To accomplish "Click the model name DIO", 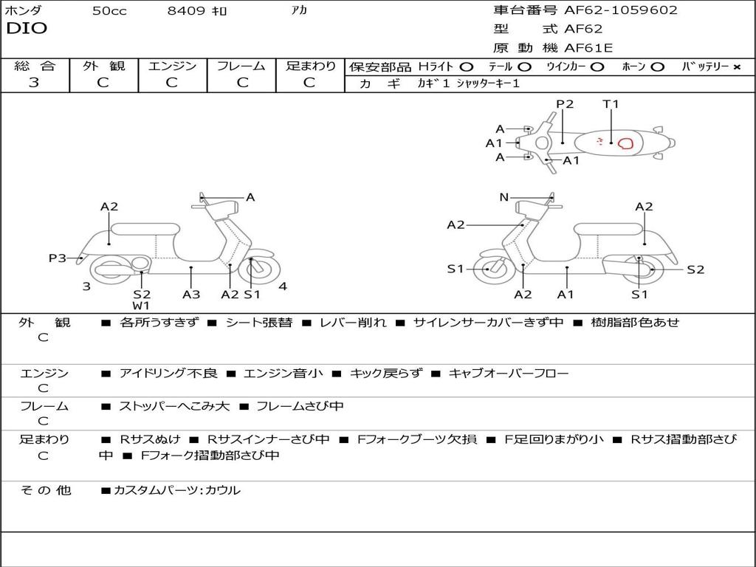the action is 27,29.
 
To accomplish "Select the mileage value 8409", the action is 186,11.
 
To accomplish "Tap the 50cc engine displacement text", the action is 109,11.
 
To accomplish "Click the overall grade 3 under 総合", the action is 34,82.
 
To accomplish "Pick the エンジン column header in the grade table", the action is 172,66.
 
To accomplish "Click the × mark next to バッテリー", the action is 737,66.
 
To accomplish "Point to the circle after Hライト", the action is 467,66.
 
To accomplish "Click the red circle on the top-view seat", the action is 625,143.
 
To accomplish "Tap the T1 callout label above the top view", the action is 611,104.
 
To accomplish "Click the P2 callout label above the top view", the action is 565,104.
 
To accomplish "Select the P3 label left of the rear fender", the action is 58,258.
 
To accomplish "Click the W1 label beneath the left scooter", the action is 142,306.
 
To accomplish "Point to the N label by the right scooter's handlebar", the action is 504,197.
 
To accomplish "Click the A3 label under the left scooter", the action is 191,294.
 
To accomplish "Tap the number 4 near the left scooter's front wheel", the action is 283,286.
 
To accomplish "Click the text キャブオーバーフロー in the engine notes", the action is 509,374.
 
